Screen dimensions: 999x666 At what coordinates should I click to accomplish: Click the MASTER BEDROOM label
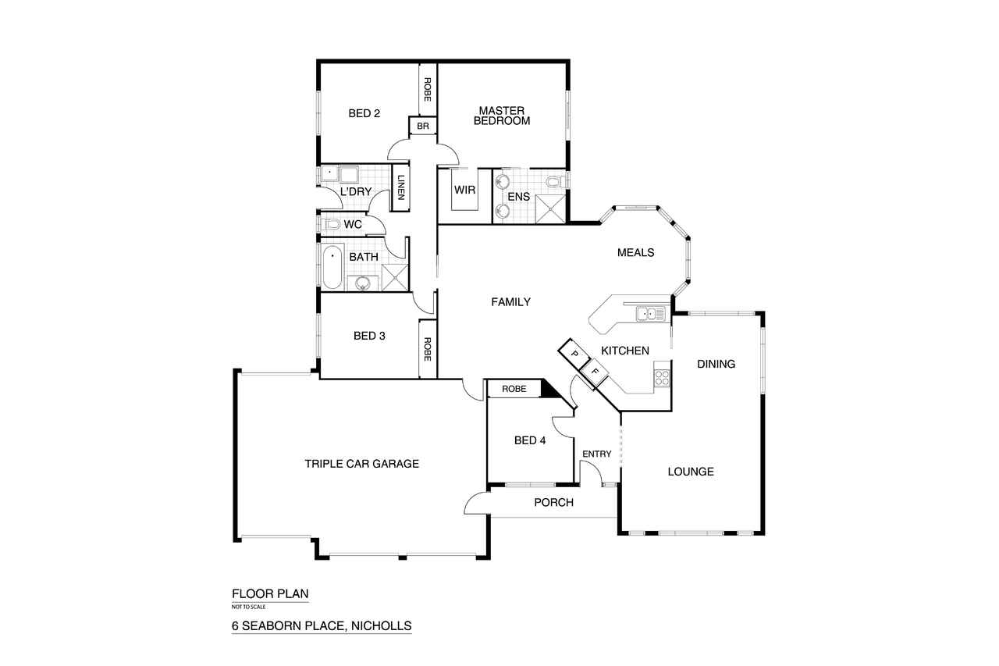tap(502, 116)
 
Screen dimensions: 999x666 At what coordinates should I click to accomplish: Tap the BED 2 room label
tap(364, 114)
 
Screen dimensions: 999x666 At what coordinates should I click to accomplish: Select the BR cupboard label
tap(423, 126)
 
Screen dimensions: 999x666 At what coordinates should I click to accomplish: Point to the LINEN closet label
tap(401, 187)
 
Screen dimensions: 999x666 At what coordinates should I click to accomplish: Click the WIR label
tap(464, 190)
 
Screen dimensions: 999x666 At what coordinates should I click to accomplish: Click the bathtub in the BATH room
tap(332, 267)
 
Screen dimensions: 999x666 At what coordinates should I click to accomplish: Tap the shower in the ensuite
tap(550, 208)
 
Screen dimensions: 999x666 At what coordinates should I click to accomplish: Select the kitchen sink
tap(651, 314)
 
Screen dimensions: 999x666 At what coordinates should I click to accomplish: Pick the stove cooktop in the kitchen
tap(662, 379)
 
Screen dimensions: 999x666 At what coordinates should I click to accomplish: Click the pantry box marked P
tap(574, 354)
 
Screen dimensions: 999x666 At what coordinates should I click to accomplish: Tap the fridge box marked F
tap(595, 371)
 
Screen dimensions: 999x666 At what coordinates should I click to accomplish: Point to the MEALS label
tap(635, 253)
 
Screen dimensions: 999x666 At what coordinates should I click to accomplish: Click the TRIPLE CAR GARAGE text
tap(361, 464)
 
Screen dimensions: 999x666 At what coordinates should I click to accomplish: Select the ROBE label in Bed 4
tap(514, 389)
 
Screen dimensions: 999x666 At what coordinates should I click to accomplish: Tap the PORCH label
tap(553, 502)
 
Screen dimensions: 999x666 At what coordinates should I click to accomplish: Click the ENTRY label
tap(597, 454)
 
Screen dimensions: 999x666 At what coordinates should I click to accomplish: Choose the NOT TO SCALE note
tap(248, 607)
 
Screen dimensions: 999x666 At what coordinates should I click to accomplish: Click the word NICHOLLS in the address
tap(382, 626)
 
